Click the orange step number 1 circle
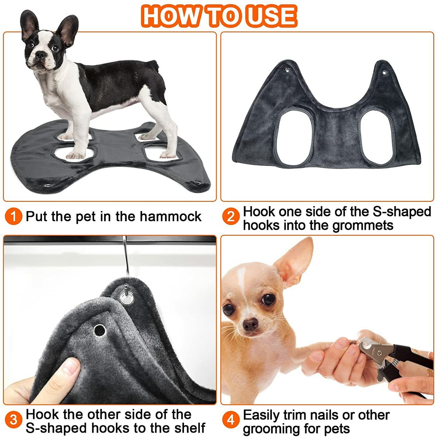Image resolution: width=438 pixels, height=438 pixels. (x=13, y=216)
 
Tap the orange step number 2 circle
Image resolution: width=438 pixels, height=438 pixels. (x=231, y=216)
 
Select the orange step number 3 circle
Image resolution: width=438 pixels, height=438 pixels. (x=13, y=420)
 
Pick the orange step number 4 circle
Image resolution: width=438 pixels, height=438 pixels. (x=231, y=420)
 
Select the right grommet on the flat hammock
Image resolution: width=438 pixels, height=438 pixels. (x=384, y=73)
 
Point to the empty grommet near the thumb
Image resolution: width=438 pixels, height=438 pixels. (x=99, y=330)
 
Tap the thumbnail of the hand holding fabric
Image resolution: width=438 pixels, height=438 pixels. (x=70, y=368)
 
